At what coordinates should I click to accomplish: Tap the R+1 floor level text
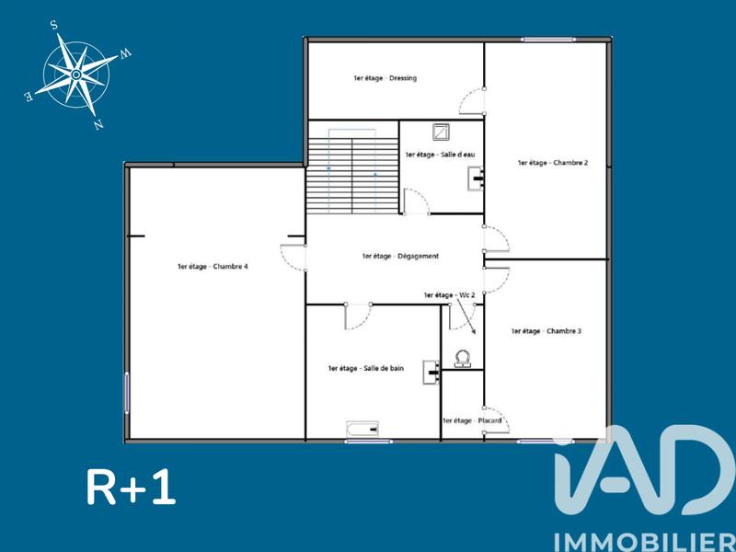click(x=131, y=488)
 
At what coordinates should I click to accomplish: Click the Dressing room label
click(x=385, y=78)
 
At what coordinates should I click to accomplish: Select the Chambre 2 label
click(x=552, y=162)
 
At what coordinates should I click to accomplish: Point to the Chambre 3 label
click(x=546, y=330)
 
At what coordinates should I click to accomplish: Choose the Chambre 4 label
click(x=213, y=267)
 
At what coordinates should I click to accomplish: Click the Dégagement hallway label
click(x=400, y=256)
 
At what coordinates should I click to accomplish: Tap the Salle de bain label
click(x=365, y=368)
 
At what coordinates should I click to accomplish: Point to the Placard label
click(x=472, y=420)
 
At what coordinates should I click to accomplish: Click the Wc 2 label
click(x=449, y=294)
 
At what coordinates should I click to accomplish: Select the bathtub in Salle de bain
click(x=362, y=429)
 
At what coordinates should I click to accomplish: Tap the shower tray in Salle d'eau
click(x=440, y=132)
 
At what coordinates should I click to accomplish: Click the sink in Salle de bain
click(x=430, y=371)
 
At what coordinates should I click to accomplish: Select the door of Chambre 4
click(x=293, y=257)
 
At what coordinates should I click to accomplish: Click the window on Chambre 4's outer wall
click(x=127, y=391)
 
